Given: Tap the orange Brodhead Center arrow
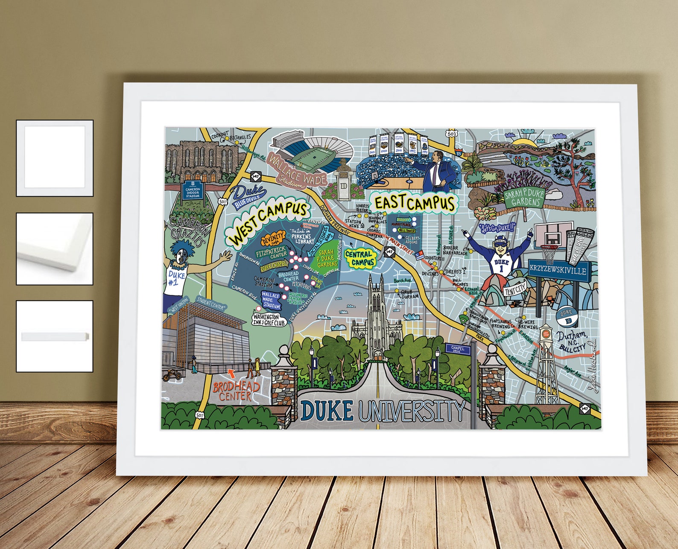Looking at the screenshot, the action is pos(231,374).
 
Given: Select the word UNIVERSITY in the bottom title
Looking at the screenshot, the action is pos(411,412).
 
